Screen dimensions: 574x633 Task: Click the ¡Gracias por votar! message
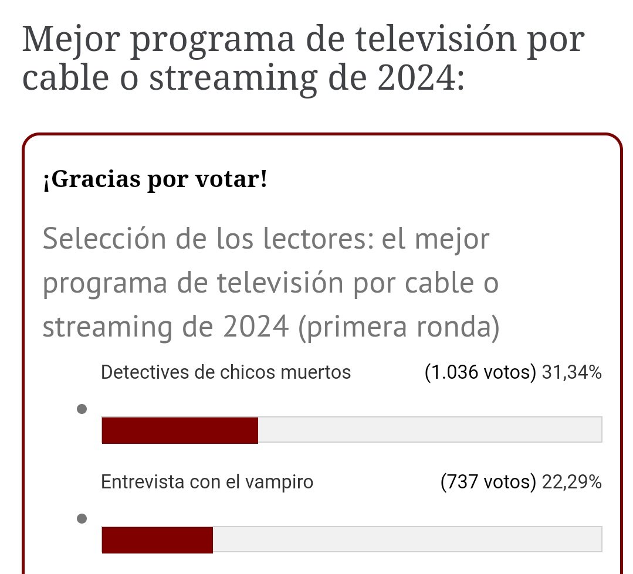coord(155,179)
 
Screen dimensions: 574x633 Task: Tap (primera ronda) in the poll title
coord(398,327)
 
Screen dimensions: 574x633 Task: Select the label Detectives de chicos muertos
coord(226,372)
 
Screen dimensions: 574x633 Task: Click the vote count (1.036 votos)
coord(480,372)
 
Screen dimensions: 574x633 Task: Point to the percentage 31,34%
coord(571,372)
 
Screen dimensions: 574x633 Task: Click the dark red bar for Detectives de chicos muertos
coord(180,430)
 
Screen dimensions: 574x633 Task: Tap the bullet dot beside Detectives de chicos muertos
coord(82,409)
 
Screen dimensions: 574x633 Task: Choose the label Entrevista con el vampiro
coord(207,482)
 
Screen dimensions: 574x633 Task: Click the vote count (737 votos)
coord(488,482)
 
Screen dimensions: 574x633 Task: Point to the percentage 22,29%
coord(571,482)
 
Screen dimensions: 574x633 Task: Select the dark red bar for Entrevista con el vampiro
coord(157,539)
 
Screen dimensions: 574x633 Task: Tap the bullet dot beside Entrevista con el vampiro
coord(82,518)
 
